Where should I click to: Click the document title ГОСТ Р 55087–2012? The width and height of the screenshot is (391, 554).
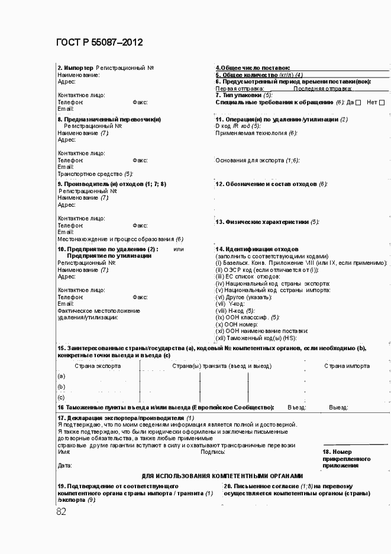click(99, 43)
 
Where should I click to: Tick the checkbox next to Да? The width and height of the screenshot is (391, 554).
click(358, 103)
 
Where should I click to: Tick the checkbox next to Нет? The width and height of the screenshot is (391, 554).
click(382, 103)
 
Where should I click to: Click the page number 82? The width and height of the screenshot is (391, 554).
click(62, 511)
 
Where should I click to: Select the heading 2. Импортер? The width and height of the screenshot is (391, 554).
click(75, 68)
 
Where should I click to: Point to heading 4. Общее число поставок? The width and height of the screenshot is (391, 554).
click(253, 68)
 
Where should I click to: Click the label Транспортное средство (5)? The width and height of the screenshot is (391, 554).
click(95, 174)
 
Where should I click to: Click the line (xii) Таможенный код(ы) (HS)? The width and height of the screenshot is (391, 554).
click(256, 338)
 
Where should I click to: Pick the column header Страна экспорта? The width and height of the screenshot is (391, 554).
click(98, 366)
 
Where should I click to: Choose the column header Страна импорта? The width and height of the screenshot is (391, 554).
click(347, 366)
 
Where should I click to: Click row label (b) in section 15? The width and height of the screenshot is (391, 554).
click(61, 387)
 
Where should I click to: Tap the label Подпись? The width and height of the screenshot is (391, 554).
click(212, 452)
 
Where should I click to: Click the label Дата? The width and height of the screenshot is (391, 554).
click(64, 466)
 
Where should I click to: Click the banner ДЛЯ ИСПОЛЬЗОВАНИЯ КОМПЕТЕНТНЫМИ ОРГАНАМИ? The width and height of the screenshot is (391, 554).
click(222, 476)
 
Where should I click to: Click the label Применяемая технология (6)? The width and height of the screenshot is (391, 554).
click(256, 133)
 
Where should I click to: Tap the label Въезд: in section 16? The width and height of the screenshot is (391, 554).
click(296, 408)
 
